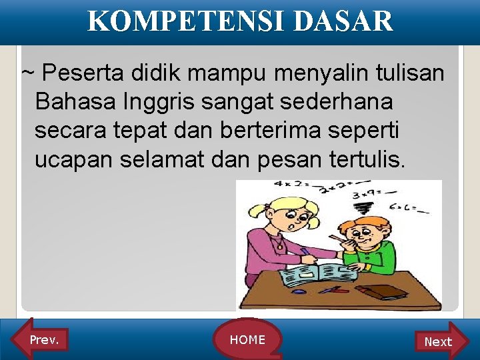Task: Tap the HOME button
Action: click(247, 340)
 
